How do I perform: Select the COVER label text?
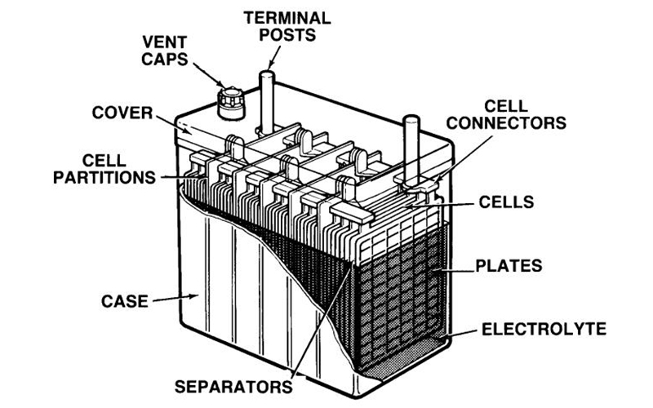tap(122, 111)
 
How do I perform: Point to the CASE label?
tap(127, 300)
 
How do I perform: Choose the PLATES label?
tap(508, 265)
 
